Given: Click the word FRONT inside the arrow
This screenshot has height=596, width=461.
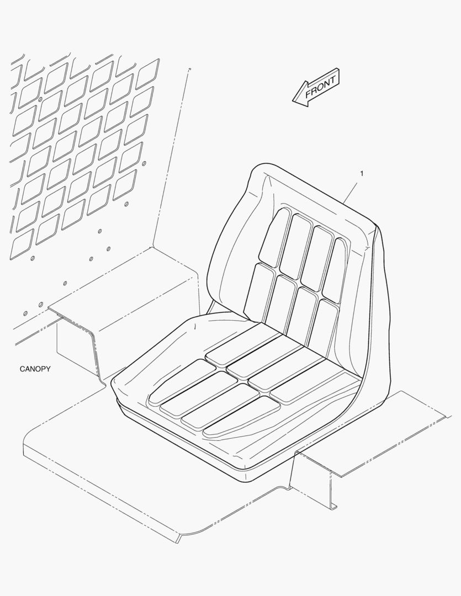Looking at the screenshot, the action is [321, 86].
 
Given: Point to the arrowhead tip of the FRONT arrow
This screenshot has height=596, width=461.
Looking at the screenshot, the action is [293, 101].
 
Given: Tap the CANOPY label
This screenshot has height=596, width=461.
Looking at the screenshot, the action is [35, 369].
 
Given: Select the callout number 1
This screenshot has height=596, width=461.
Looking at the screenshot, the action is [362, 173].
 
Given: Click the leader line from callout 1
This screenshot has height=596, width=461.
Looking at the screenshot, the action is [351, 193].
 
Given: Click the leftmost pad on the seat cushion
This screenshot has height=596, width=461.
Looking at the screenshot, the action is [181, 381].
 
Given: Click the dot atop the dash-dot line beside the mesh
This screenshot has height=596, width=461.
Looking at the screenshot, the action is [189, 69].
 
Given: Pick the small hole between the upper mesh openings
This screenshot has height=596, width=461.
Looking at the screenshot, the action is [40, 99].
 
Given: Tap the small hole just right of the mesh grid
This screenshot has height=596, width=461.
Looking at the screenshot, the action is [144, 163].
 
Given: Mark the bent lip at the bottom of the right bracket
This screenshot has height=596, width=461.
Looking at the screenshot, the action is [333, 505].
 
